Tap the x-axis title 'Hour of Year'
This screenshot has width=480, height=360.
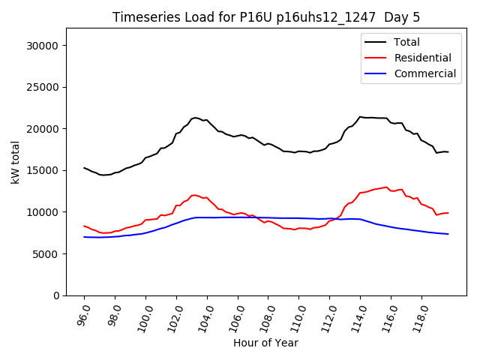pos(265,343)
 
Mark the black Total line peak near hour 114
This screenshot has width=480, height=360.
pos(360,117)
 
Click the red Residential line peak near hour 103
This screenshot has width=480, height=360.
pos(195,195)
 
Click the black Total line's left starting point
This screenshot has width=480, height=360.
pos(84,168)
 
